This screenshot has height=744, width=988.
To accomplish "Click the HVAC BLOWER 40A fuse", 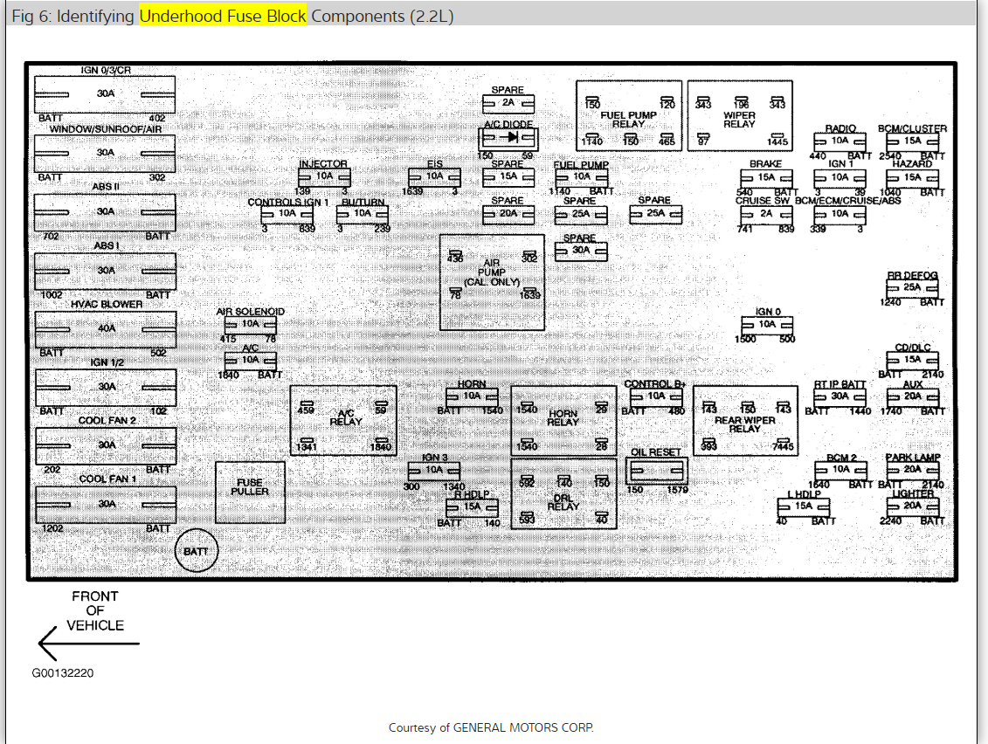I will pyautogui.click(x=105, y=329).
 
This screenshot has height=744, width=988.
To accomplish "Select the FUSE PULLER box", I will pyautogui.click(x=250, y=492).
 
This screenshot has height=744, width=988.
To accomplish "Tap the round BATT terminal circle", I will pyautogui.click(x=197, y=551).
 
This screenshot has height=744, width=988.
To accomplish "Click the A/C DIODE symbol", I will pyautogui.click(x=508, y=138).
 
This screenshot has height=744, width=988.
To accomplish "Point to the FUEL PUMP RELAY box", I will pyautogui.click(x=629, y=114).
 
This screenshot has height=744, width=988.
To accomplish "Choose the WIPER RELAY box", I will pyautogui.click(x=739, y=114).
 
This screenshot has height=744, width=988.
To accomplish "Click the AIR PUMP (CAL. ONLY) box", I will pyautogui.click(x=492, y=281).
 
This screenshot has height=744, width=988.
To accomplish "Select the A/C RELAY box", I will pyautogui.click(x=343, y=420).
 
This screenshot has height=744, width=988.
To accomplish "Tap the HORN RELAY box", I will pyautogui.click(x=563, y=420).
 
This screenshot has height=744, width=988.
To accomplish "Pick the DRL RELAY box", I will pyautogui.click(x=563, y=493).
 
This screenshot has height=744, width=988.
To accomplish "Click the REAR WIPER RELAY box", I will pyautogui.click(x=745, y=421).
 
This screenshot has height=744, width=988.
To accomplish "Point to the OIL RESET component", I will pyautogui.click(x=657, y=472).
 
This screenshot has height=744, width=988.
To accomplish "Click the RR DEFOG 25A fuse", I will pyautogui.click(x=912, y=287).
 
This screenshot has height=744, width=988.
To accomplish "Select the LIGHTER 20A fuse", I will pyautogui.click(x=912, y=506).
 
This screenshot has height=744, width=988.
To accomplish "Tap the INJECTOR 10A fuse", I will pyautogui.click(x=323, y=176).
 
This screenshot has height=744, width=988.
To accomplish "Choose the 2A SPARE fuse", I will pyautogui.click(x=508, y=103).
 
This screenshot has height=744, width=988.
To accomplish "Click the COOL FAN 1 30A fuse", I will pyautogui.click(x=105, y=504).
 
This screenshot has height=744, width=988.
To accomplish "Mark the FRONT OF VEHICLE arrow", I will pyautogui.click(x=87, y=644).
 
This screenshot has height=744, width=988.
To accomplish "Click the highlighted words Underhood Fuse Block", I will pyautogui.click(x=223, y=17).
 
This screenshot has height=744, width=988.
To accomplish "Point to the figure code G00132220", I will pyautogui.click(x=64, y=673).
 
